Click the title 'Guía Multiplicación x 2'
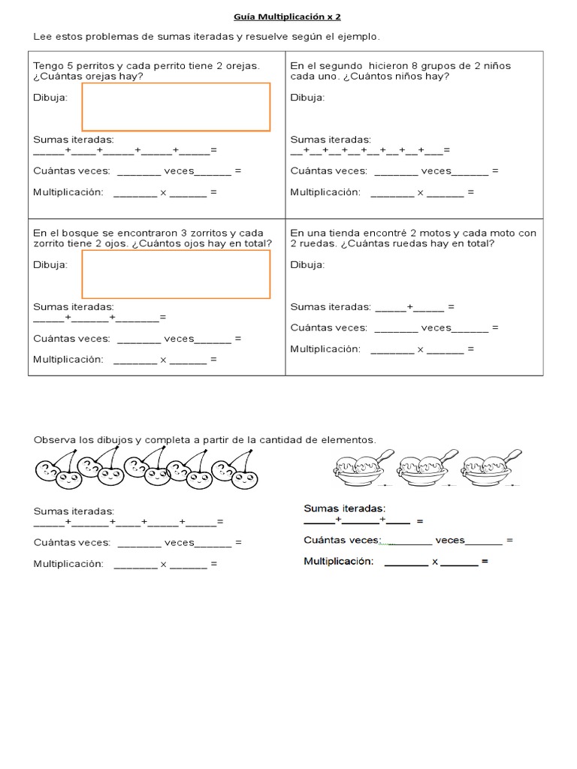click(x=288, y=16)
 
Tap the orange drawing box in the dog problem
click(x=176, y=107)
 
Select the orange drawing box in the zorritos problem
click(x=176, y=274)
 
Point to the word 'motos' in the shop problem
click(x=429, y=233)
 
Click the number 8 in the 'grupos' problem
click(x=415, y=65)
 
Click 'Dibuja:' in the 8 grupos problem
click(x=307, y=97)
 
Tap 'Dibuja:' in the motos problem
click(x=307, y=264)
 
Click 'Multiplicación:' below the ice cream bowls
click(x=338, y=561)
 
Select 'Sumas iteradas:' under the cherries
click(x=74, y=511)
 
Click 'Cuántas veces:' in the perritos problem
click(x=71, y=170)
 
